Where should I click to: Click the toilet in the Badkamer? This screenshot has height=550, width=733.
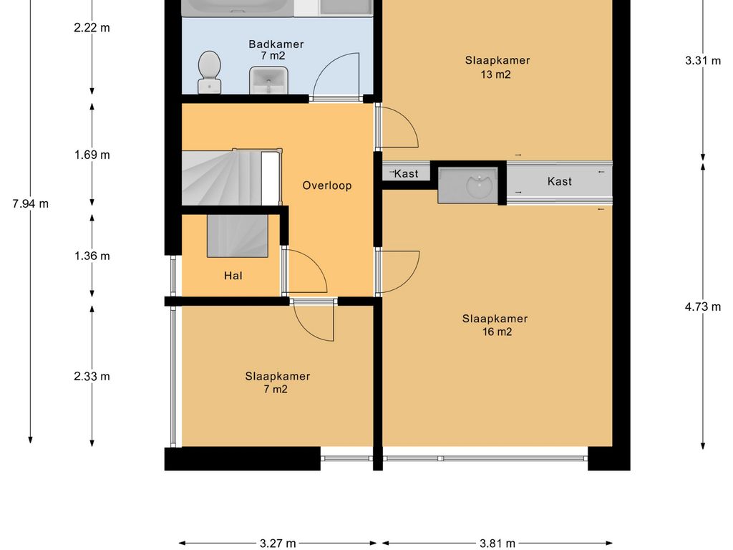[210, 72]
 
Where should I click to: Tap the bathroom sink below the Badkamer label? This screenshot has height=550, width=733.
[268, 80]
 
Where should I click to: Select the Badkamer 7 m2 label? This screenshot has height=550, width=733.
[276, 49]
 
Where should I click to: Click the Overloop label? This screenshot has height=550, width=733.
[326, 185]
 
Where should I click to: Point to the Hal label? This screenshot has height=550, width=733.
[233, 276]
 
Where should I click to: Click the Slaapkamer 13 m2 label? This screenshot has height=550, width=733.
[497, 67]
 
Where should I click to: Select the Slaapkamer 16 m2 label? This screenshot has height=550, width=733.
[495, 325]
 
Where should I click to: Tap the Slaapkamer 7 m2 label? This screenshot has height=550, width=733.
[277, 382]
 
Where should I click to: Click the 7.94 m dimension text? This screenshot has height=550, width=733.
[30, 204]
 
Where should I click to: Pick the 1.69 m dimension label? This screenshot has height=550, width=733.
[92, 155]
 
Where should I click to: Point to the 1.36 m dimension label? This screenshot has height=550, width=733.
[92, 256]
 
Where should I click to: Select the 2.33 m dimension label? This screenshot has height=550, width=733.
[92, 377]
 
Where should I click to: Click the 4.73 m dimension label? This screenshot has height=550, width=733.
[703, 307]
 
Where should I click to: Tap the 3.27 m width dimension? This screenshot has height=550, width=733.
[278, 543]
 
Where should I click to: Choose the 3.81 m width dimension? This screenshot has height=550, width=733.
[497, 543]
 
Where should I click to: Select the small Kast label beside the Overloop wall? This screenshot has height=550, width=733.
[406, 174]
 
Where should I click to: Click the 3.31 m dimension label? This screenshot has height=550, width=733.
[703, 60]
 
